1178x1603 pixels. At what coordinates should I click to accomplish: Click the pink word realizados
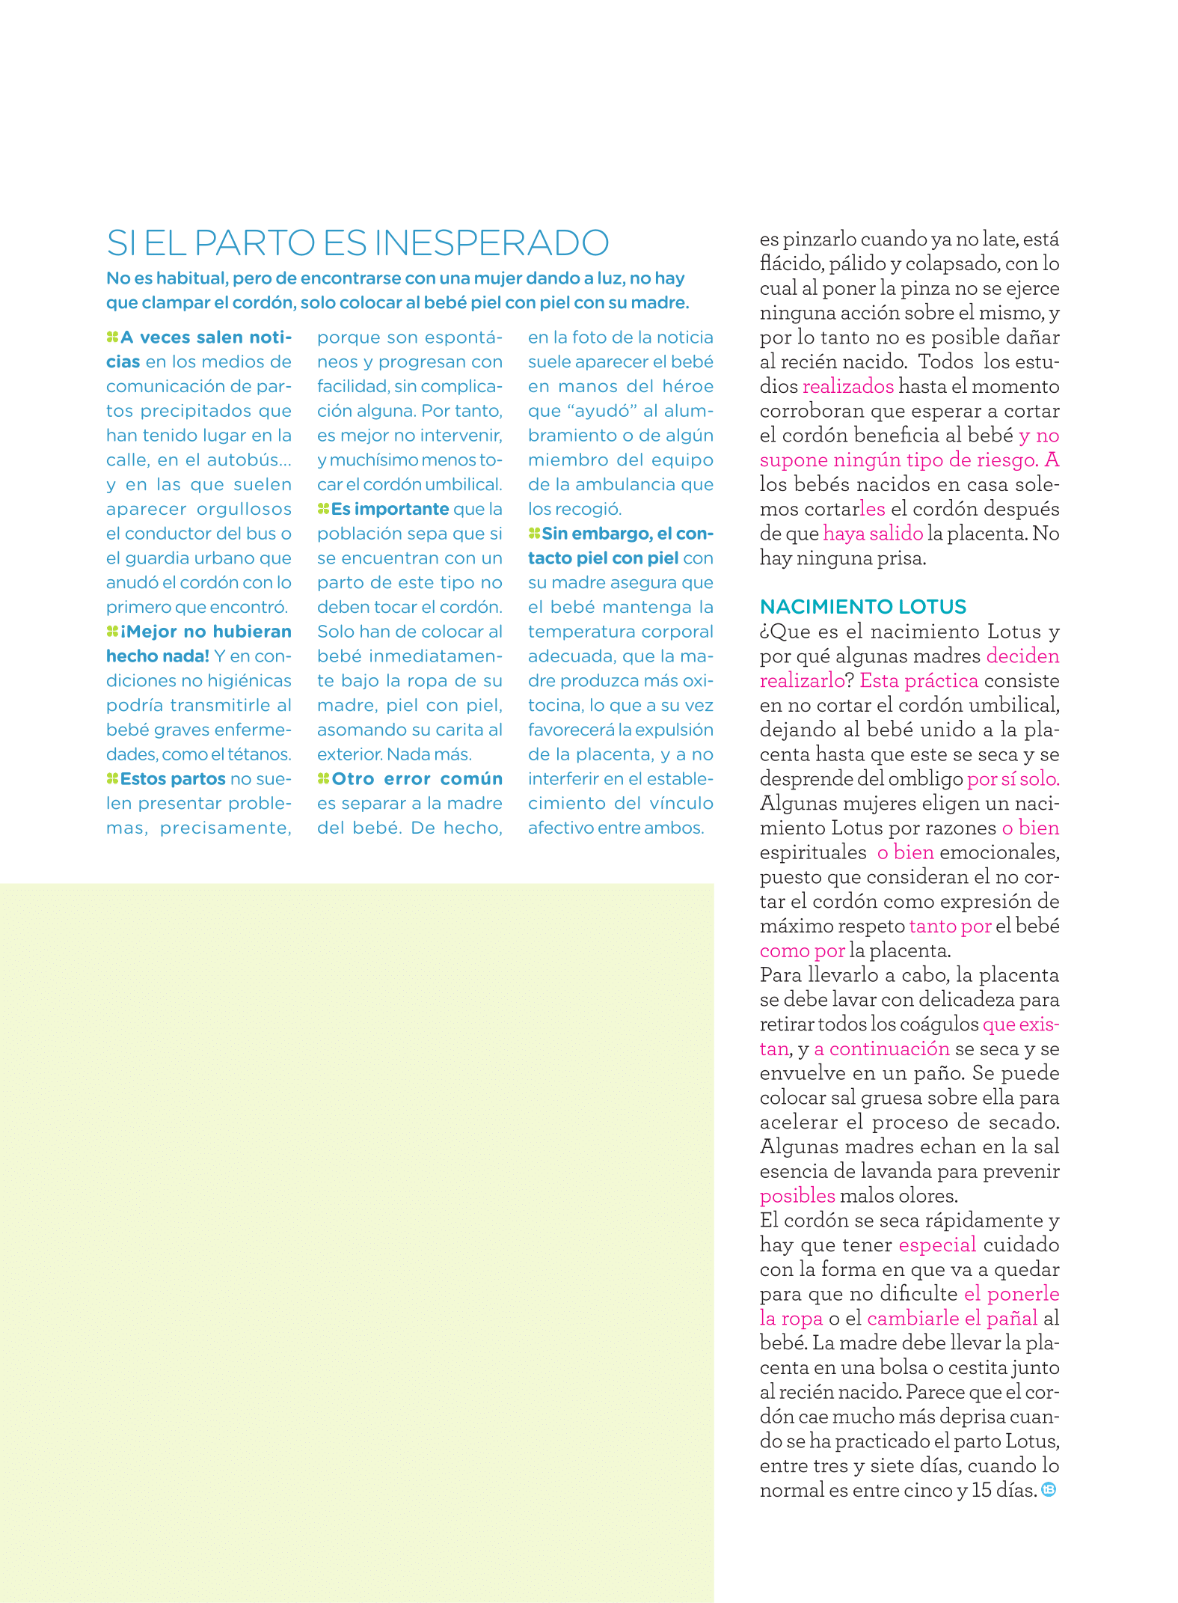tap(847, 386)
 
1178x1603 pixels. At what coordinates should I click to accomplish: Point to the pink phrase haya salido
tap(873, 534)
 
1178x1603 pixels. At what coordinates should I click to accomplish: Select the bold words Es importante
tap(390, 509)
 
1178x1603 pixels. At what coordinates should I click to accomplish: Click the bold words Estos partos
tap(173, 779)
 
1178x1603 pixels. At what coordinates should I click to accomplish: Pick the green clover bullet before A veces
tap(112, 338)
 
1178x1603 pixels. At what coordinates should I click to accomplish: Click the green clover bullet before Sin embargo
tap(534, 534)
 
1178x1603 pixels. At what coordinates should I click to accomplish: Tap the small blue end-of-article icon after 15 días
tap(1049, 1489)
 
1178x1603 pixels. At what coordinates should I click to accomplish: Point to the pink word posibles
tap(797, 1196)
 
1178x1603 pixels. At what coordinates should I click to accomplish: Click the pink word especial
tap(937, 1245)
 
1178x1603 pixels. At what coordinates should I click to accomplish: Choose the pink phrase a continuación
tap(882, 1048)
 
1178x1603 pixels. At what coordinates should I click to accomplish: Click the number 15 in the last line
tap(981, 1490)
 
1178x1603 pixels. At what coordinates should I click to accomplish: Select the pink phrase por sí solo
tap(1013, 779)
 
